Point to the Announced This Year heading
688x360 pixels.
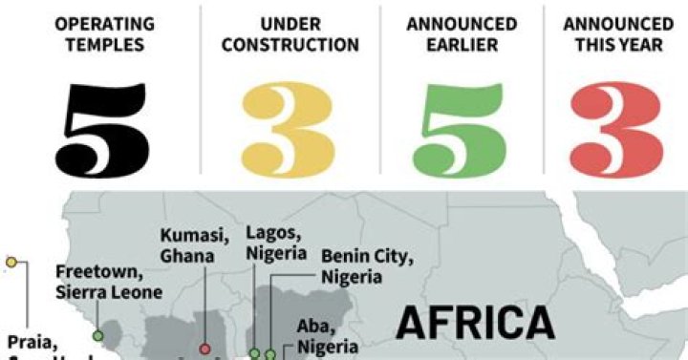tap(617, 34)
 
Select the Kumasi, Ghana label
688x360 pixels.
tap(193, 245)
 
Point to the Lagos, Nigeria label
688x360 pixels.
tap(275, 243)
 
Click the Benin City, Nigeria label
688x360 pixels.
tap(366, 266)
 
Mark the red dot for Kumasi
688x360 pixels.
tap(204, 349)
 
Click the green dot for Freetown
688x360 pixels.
tap(97, 334)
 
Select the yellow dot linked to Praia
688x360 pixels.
tap(11, 262)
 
